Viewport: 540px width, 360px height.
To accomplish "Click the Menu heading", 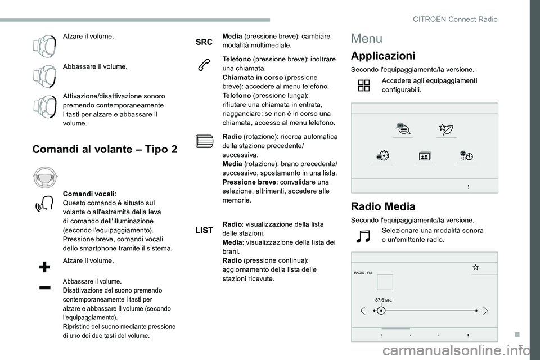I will coord(367,39).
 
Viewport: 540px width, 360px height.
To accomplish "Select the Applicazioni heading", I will coord(383,56).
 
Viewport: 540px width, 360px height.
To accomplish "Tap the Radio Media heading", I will coord(383,206).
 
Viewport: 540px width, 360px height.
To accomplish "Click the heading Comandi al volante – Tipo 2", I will coord(105,149).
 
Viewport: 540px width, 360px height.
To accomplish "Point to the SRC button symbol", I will coord(204,42).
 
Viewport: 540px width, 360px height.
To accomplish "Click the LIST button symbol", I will coord(204,230).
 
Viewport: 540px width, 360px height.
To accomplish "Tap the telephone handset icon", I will coord(204,65).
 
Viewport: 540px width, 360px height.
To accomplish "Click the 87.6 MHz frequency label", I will coord(384,300).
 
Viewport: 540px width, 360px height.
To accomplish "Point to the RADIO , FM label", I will coord(364,272).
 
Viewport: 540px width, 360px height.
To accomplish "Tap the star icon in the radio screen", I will coord(475,267).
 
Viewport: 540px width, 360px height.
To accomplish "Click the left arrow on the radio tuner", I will coord(363,310).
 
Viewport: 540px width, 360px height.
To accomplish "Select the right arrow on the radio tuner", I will coord(485,310).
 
